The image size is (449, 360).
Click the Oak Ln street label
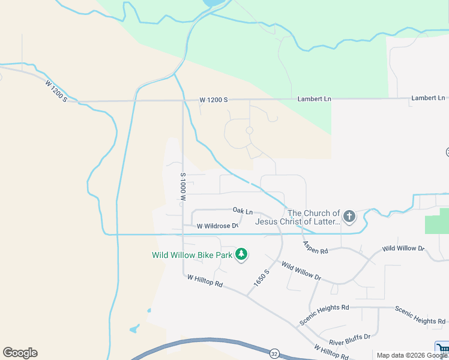tap(243, 211)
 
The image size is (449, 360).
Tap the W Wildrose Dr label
tap(218, 226)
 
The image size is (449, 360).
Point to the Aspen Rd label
tap(316, 247)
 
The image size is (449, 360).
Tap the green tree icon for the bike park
tap(241, 254)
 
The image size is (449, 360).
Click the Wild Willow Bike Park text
tap(192, 255)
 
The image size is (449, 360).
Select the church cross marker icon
tap(349, 217)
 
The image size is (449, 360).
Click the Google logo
tap(20, 353)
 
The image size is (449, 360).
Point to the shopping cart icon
tap(442, 349)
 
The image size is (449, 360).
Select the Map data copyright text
tap(411, 355)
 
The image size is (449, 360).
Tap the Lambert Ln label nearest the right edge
tap(428, 98)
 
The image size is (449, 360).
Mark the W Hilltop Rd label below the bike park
tap(205, 281)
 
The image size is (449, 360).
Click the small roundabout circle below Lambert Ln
tap(249, 130)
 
